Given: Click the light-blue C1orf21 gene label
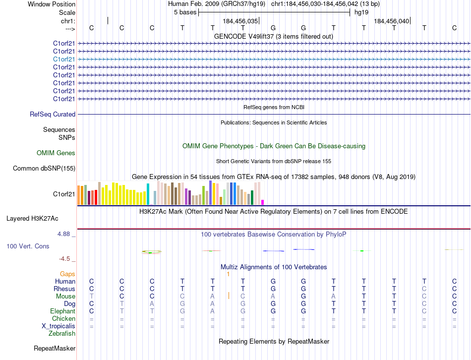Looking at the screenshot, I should coord(64,59).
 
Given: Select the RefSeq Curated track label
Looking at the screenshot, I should coord(53,115).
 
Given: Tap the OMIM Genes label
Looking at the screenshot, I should coord(56,153).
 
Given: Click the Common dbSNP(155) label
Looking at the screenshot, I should coord(44,169).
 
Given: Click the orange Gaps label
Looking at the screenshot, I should coord(67,274).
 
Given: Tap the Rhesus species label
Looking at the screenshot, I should coord(65,289).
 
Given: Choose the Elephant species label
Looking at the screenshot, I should coord(63,311).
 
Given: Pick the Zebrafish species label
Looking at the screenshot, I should coord(62,333).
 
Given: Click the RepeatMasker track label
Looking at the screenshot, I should coord(55,348).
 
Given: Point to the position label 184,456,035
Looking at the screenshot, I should coord(240,21).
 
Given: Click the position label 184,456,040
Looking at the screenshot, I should coord(392,21).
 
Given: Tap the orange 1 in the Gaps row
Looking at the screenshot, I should coord(228,274).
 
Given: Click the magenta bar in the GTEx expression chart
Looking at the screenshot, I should coord(262,202).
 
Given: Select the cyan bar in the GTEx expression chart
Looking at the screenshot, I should coord(148,194).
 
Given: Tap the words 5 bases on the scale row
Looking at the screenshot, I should coord(185,12).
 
